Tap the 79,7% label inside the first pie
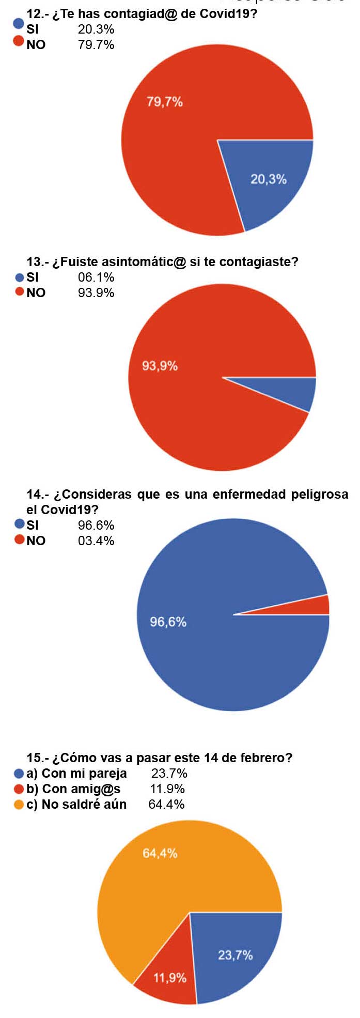tap(165, 102)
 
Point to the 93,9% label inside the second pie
tap(160, 366)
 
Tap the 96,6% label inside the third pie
tap(168, 622)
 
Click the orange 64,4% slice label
tap(160, 853)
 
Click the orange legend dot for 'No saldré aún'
tap(19, 805)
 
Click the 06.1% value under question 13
tap(96, 277)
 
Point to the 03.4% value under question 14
tap(96, 541)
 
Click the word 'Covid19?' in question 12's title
tap(228, 13)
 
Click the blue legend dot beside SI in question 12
tap(19, 23)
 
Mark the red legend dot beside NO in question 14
tap(20, 540)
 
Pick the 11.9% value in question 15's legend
tap(167, 789)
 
